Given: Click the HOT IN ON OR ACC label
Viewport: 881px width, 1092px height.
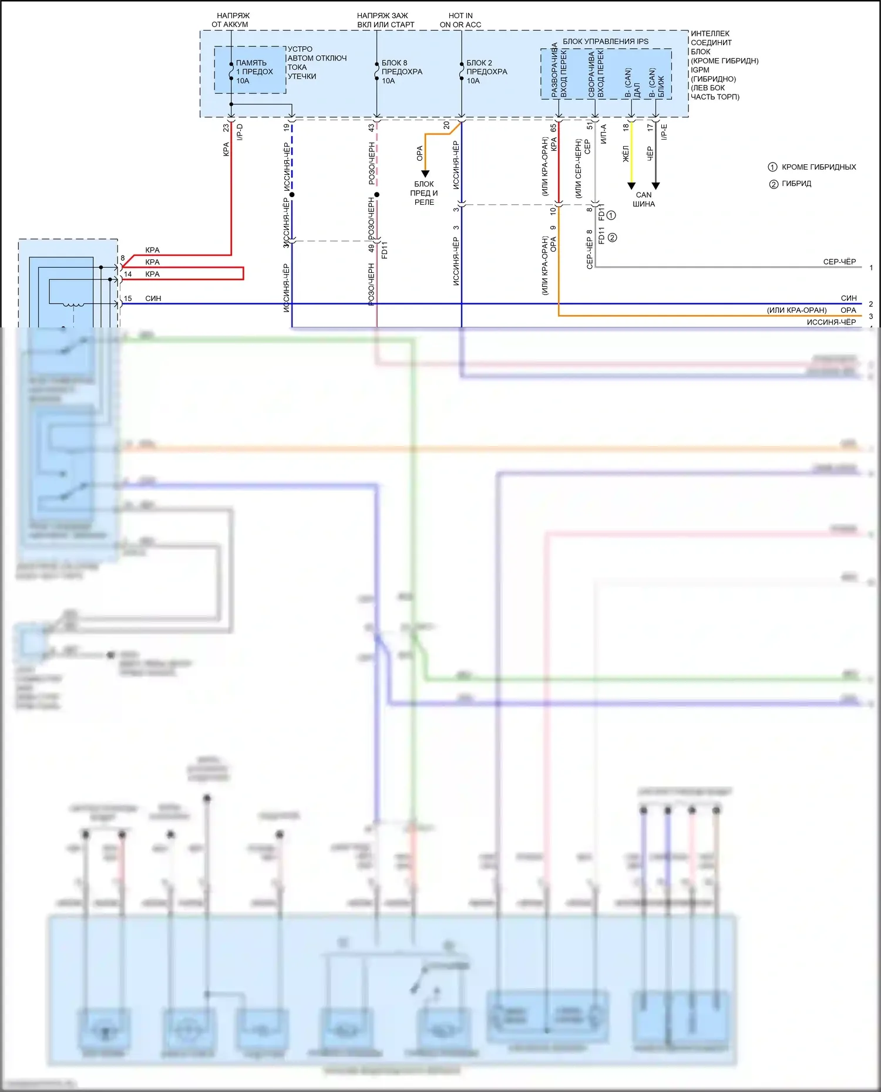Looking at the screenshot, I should point(460,20).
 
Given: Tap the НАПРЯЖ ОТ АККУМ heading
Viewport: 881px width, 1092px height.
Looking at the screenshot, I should point(230,20).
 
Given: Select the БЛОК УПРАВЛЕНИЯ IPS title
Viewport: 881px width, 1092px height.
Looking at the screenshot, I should point(606,41).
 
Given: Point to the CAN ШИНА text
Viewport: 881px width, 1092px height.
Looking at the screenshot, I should point(644,200).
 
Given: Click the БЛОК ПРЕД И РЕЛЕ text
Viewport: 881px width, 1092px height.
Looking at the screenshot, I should point(424,193).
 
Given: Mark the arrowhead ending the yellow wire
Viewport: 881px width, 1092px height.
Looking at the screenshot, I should point(631,186).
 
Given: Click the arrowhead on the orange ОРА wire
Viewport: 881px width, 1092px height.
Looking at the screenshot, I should point(425,174).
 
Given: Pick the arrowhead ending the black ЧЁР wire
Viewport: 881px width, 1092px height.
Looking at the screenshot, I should point(656,186).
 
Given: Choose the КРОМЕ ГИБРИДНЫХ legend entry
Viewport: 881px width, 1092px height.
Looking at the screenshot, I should point(818,167).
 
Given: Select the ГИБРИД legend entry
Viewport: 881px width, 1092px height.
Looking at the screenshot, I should point(796,184).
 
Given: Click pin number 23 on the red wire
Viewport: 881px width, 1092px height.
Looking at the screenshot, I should point(226,127).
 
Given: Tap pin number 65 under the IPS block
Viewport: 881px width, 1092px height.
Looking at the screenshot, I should point(553,127).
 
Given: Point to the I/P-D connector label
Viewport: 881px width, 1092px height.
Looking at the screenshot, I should point(240,132).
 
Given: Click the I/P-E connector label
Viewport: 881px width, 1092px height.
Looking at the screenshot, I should point(664,132).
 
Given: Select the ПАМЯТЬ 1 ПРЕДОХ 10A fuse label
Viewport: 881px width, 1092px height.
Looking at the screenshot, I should point(254,72).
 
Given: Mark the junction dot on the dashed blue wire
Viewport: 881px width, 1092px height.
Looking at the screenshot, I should point(292,194).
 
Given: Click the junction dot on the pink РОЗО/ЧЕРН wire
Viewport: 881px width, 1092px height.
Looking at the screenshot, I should point(376,194).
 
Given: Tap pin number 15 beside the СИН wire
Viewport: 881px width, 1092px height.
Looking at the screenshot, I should point(128,299).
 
